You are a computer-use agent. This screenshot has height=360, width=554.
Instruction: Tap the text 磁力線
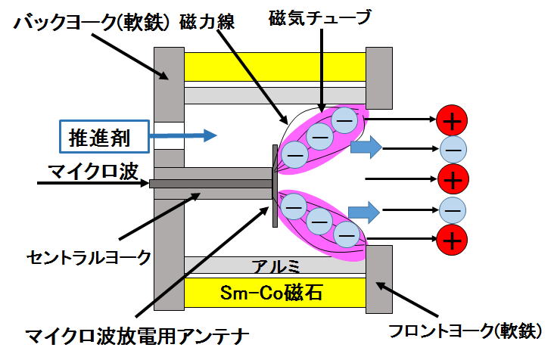(x=207, y=22)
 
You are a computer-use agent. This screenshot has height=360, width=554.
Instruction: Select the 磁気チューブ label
(x=320, y=17)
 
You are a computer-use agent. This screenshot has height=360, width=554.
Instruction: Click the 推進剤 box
(x=104, y=137)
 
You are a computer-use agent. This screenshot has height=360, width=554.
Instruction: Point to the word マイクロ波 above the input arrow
(x=93, y=172)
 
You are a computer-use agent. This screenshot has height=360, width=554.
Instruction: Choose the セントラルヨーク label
(x=89, y=258)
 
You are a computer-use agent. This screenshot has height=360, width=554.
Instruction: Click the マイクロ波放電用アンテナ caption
(x=137, y=336)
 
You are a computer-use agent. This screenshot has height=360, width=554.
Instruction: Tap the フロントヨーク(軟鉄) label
(x=465, y=331)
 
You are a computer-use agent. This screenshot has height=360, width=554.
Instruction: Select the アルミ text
(x=275, y=265)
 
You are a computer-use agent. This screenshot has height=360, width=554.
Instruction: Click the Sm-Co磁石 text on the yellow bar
(x=272, y=293)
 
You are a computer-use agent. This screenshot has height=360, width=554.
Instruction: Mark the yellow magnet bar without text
(x=275, y=67)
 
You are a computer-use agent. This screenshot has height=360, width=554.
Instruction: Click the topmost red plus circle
(x=452, y=120)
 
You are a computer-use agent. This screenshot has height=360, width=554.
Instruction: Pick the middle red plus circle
(x=453, y=179)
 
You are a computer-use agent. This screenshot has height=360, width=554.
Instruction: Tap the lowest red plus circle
(x=452, y=240)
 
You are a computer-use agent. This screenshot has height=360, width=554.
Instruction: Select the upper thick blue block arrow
(x=366, y=147)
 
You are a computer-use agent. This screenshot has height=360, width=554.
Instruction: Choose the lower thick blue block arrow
(x=364, y=213)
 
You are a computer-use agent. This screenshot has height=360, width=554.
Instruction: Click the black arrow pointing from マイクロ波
(x=93, y=183)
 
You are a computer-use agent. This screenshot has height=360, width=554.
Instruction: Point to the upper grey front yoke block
(x=379, y=78)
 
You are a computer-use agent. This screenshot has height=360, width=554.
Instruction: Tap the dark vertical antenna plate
(x=275, y=186)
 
